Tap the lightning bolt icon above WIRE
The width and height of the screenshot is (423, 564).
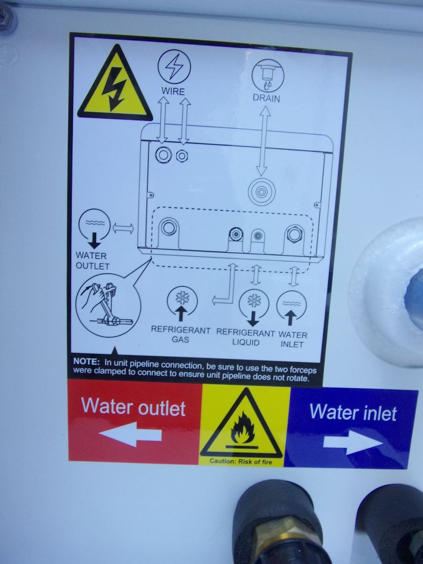tap(175, 67)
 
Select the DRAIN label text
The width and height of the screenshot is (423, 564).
tap(266, 98)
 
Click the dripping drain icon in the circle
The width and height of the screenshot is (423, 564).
tap(268, 75)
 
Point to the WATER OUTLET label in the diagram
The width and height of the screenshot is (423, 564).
tap(93, 261)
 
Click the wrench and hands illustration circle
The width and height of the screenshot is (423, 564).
tap(108, 305)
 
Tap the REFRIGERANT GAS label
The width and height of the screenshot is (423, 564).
tap(181, 334)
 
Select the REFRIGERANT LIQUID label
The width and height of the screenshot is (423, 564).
tap(245, 338)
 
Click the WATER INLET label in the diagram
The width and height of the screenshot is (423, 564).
tap(292, 339)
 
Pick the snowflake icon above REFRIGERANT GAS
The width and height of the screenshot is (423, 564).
tap(182, 297)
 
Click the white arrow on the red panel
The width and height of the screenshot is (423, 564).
tap(130, 434)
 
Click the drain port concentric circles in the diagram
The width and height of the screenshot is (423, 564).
tap(262, 192)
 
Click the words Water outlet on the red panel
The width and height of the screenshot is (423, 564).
tap(133, 406)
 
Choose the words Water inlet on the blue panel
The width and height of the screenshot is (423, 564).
tap(353, 412)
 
